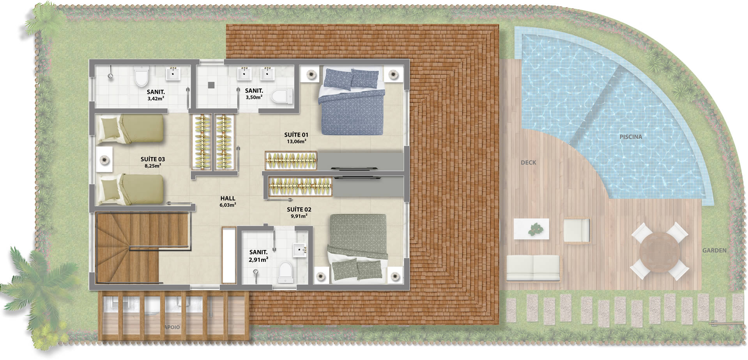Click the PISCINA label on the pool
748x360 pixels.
coord(631,137)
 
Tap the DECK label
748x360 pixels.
coord(528,163)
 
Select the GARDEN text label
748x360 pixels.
coord(714,250)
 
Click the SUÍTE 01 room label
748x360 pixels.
coord(296,135)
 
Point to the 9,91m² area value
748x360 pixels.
coord(299,216)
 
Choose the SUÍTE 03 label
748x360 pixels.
coord(153,159)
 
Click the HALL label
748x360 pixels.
coord(228,199)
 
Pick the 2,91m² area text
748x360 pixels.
coord(258,259)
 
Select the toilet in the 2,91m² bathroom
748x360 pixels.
coord(286,271)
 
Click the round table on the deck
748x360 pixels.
coord(659,251)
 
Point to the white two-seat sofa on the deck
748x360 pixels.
coord(533,268)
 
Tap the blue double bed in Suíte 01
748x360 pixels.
coord(352,102)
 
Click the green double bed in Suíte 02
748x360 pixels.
coord(357,247)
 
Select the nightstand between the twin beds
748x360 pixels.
coord(104,159)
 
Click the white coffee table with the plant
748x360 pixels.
coord(531,229)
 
